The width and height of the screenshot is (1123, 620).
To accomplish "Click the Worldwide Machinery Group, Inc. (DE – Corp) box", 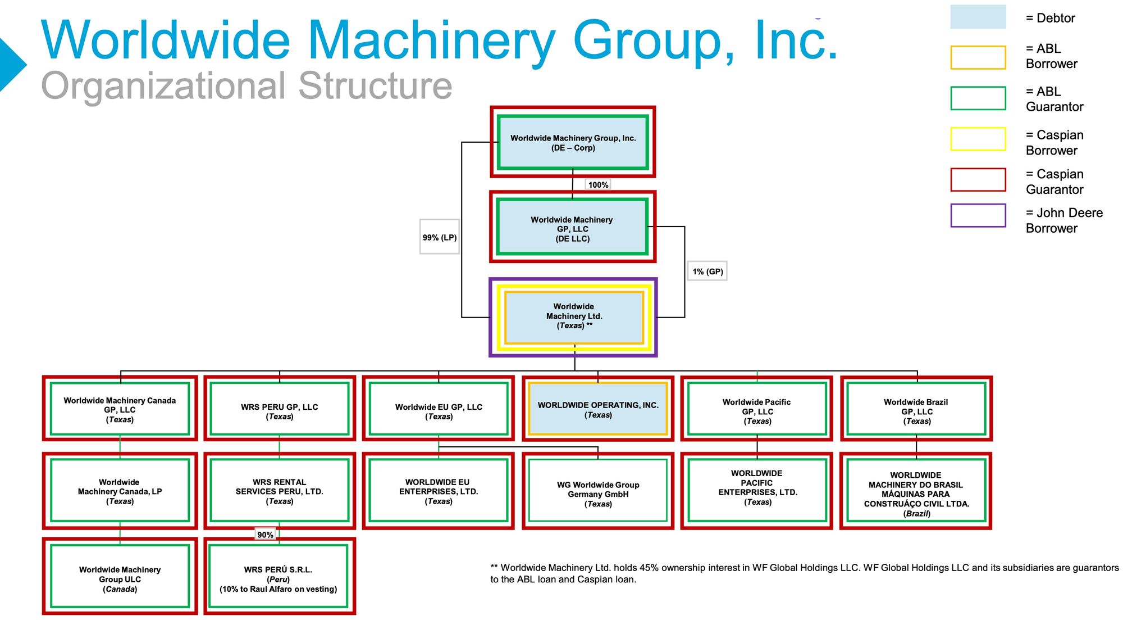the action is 573,142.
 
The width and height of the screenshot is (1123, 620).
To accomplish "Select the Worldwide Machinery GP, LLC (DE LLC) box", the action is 573,227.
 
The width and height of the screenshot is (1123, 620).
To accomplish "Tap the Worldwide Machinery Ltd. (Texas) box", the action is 573,317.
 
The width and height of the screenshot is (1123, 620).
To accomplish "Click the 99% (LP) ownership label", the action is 440,237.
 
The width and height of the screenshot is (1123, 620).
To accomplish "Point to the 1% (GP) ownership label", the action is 707,271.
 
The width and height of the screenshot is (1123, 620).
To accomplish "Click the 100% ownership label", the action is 598,185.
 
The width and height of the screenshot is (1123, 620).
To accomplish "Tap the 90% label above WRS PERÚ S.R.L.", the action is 265,535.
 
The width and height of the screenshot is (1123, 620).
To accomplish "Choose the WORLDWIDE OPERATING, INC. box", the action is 598,409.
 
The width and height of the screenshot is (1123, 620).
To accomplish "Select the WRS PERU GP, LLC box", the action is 280,409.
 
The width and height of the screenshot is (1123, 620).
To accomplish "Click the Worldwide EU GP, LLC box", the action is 439,409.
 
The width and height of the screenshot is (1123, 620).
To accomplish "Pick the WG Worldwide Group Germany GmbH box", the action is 598,491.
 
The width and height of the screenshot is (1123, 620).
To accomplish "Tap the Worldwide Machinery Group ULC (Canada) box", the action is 120,576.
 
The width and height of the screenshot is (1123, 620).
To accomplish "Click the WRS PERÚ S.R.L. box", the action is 279,576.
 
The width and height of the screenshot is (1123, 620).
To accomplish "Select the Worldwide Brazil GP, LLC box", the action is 916,409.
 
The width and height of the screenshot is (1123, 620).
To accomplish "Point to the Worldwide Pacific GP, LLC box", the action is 757,409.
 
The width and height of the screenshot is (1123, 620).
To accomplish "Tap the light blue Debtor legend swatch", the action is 978,17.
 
